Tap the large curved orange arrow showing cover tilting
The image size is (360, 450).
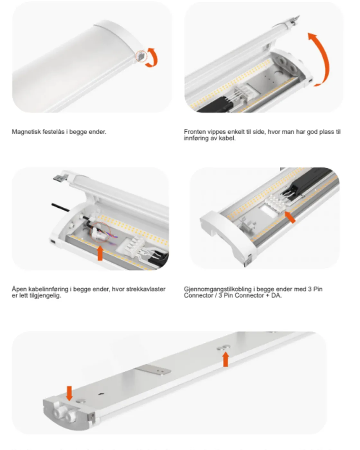320,59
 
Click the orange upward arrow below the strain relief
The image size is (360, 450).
100,253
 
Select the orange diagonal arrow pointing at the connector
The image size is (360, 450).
290,217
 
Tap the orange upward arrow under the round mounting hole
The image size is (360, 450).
226,359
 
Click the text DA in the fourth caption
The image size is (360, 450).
276,295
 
